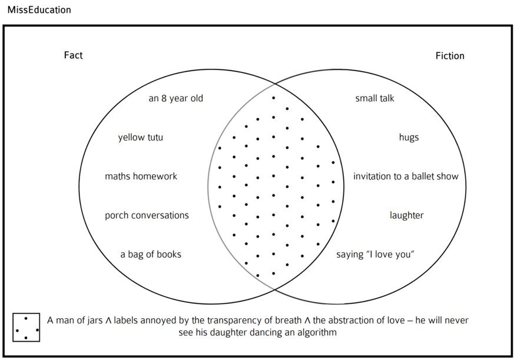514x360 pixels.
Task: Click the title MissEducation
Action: coord(39,10)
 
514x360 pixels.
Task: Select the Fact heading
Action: coord(73,55)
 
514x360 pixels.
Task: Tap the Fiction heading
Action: coord(450,56)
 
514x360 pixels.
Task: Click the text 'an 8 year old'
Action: coord(175,98)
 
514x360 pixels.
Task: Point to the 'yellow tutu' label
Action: coord(141,138)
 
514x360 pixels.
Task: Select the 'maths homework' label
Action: coord(141,176)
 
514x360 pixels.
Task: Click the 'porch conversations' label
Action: coord(147,215)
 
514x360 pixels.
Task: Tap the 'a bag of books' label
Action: coord(151,255)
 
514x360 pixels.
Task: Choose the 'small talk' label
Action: coord(374,98)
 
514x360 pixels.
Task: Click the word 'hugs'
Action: coord(409,138)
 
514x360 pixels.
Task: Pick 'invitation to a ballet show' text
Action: coord(406,176)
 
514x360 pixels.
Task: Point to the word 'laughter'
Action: coord(406,215)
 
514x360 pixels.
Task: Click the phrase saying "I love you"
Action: coord(376,255)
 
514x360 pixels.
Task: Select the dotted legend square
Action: coord(26,327)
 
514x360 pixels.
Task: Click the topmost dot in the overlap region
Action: coord(273,98)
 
